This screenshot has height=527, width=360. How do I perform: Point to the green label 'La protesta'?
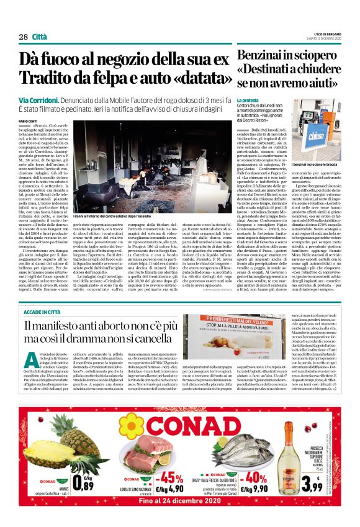(x=250, y=99)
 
